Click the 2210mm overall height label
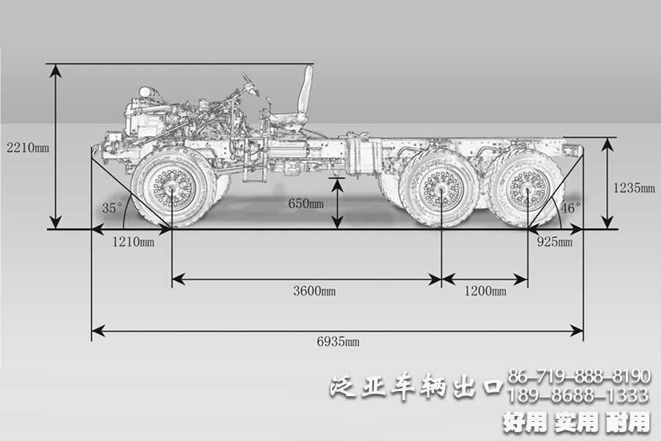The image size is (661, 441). point(26,147)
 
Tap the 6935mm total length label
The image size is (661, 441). point(338,342)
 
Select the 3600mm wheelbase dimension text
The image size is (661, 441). point(314,291)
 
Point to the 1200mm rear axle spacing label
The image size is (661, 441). point(485,291)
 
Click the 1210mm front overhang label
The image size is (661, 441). point(133,241)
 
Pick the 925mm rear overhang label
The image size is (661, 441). point(554,241)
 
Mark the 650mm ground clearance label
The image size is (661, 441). point(304,203)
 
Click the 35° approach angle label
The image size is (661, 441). point(112,208)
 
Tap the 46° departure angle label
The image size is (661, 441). point(571,208)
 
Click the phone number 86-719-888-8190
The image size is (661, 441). point(579,377)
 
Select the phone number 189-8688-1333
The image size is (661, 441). point(579,396)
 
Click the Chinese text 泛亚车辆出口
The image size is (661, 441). point(416,385)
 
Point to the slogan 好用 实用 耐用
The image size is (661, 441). point(577,422)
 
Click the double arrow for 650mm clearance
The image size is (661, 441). point(337,203)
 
